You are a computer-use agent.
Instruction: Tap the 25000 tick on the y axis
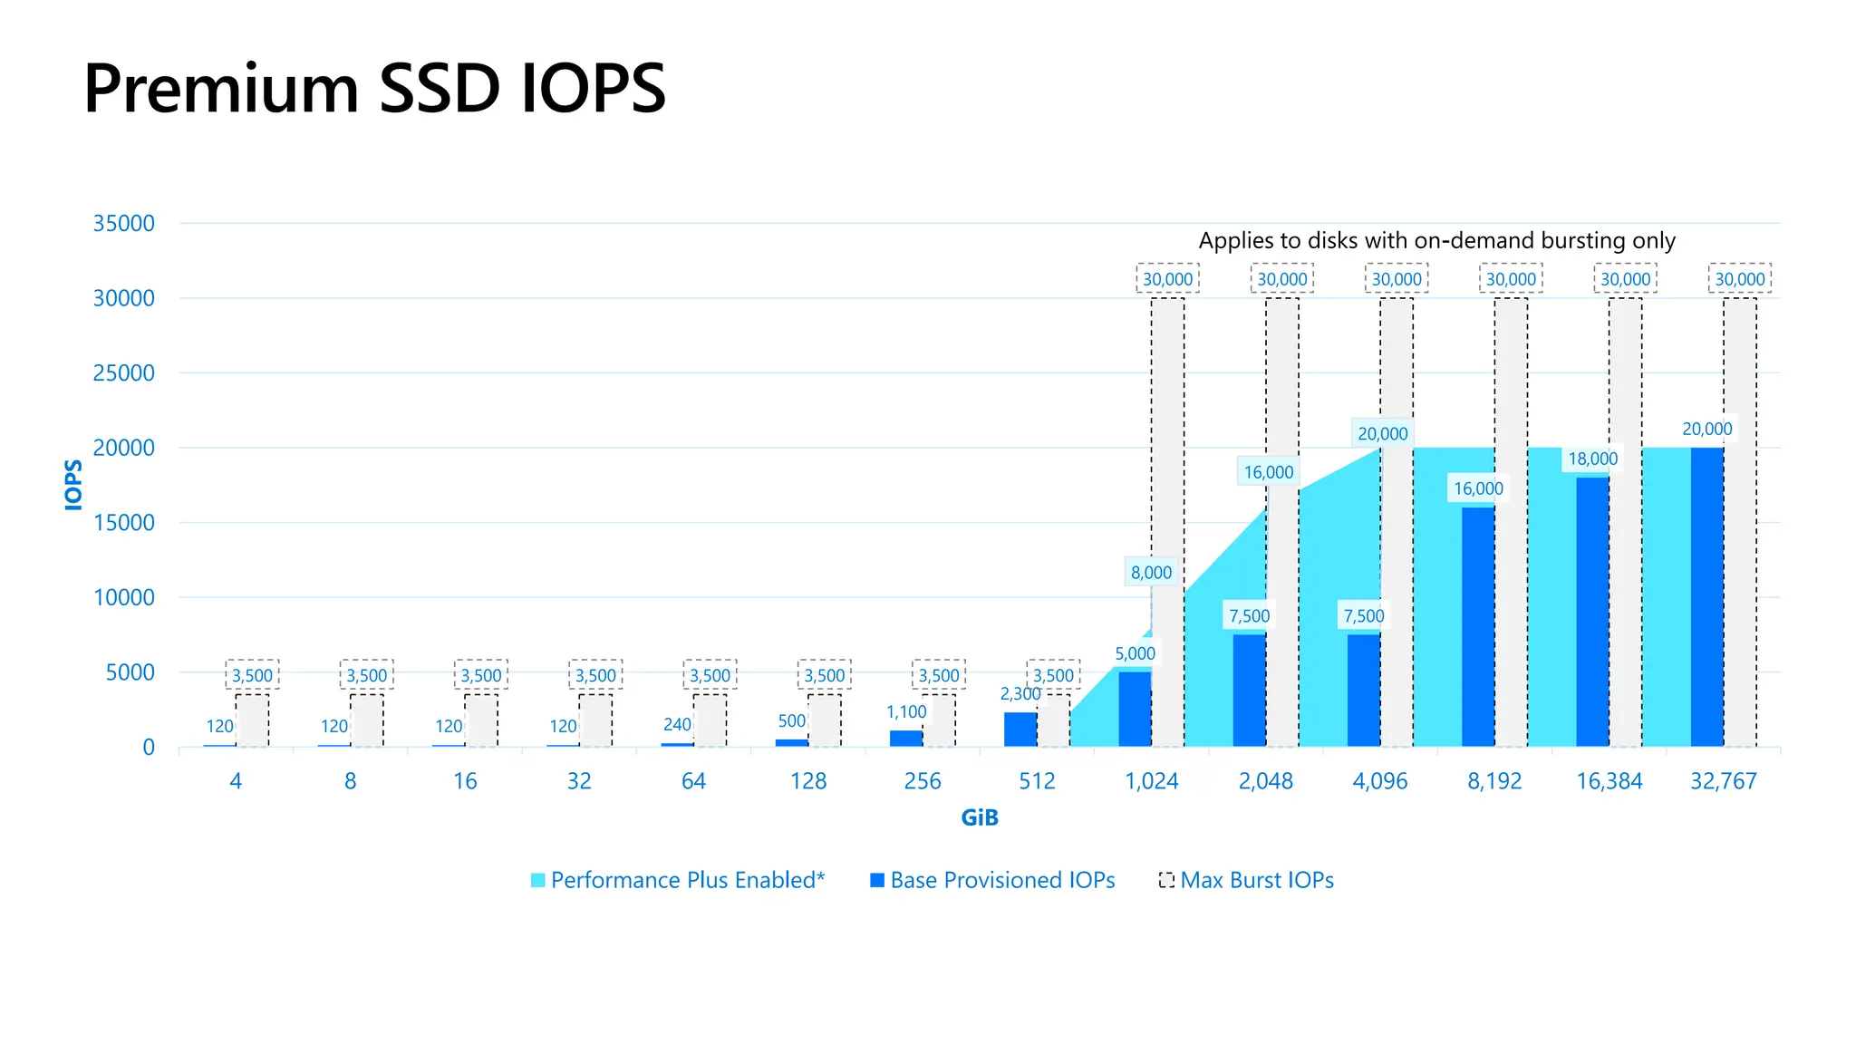coord(124,372)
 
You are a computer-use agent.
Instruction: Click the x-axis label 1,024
coord(1151,781)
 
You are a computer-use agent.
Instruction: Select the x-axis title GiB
coord(980,817)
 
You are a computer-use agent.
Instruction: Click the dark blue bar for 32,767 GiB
coord(1706,598)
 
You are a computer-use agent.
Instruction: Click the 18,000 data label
coord(1592,459)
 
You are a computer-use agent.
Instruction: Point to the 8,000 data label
coord(1151,573)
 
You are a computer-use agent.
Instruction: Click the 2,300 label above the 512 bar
coord(1020,694)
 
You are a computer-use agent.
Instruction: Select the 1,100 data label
coord(906,712)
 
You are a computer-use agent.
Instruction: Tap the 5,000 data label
coord(1135,653)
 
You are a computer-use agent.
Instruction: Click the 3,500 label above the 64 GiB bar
coord(710,675)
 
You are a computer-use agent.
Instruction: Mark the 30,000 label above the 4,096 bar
coord(1397,279)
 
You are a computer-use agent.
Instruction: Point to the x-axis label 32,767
coord(1723,781)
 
